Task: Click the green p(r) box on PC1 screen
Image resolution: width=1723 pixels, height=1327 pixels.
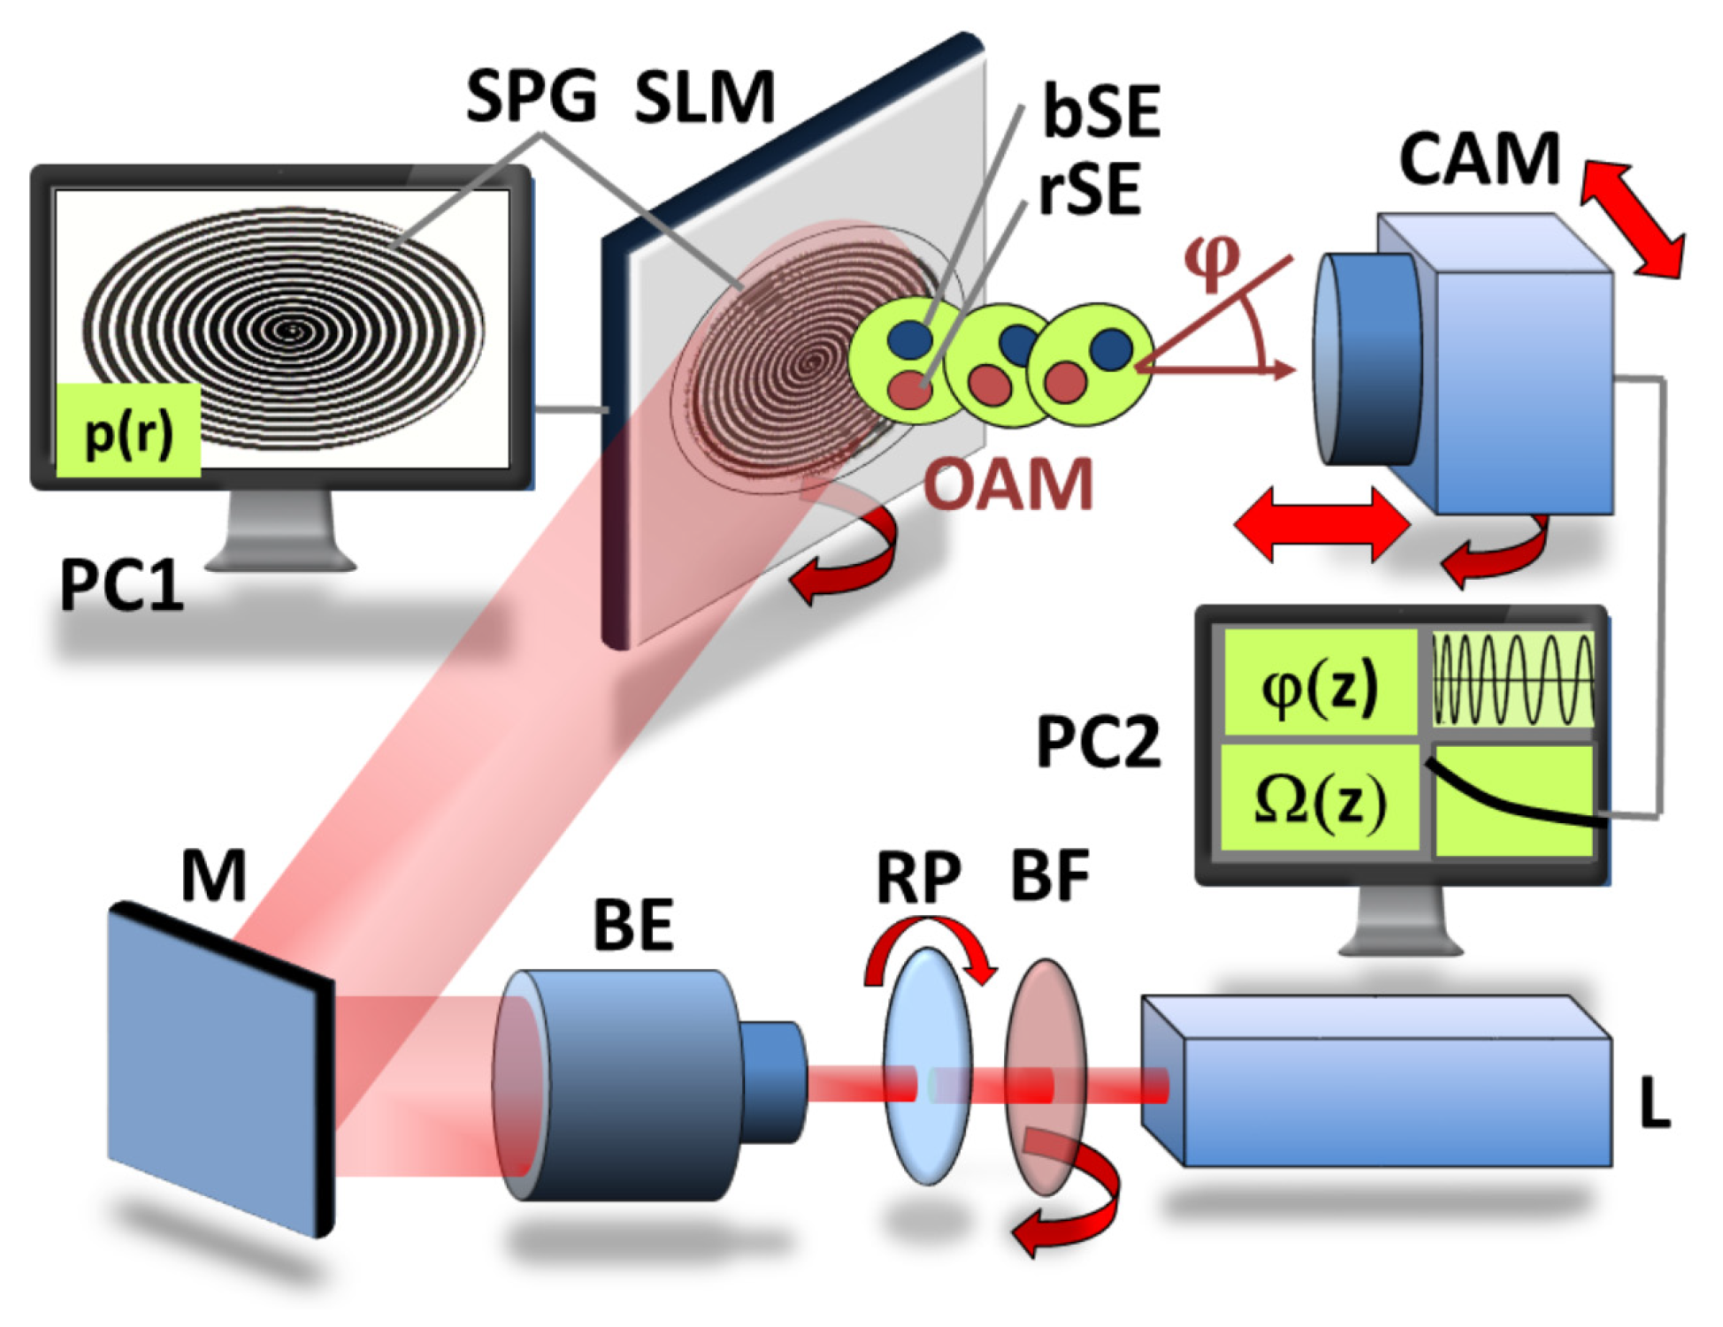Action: click(x=128, y=431)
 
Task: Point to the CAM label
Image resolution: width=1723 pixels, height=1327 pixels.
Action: click(x=1479, y=159)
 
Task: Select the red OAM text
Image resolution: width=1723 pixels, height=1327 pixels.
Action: click(x=1008, y=484)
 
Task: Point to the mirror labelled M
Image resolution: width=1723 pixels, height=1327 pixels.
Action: click(x=217, y=1065)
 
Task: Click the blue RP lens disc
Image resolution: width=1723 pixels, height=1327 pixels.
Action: click(x=927, y=1065)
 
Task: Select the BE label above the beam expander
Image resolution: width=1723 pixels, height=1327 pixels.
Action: click(x=633, y=925)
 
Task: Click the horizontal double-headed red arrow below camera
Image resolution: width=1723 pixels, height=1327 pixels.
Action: click(x=1321, y=524)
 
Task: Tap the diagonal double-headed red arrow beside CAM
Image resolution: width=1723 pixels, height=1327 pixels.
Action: click(x=1633, y=218)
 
